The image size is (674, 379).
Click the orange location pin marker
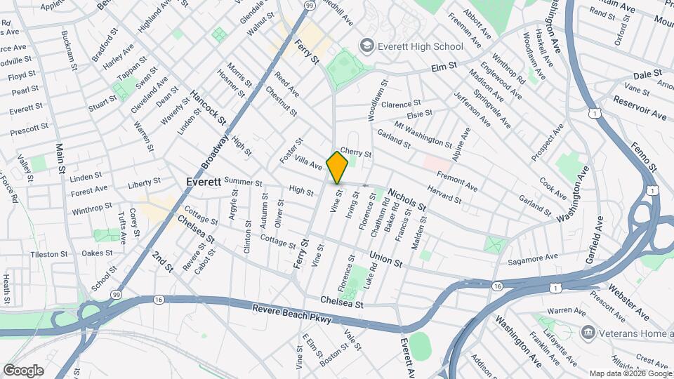tap(338, 167)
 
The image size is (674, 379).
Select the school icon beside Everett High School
tap(366, 46)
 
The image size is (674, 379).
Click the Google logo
tap(23, 370)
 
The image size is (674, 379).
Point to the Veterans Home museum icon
tap(588, 332)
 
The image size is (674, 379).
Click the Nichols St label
tap(406, 198)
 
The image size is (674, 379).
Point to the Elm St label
tap(444, 67)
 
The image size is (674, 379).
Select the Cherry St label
tap(355, 152)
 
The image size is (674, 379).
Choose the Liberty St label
tap(145, 184)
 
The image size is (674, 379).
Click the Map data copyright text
tap(630, 373)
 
